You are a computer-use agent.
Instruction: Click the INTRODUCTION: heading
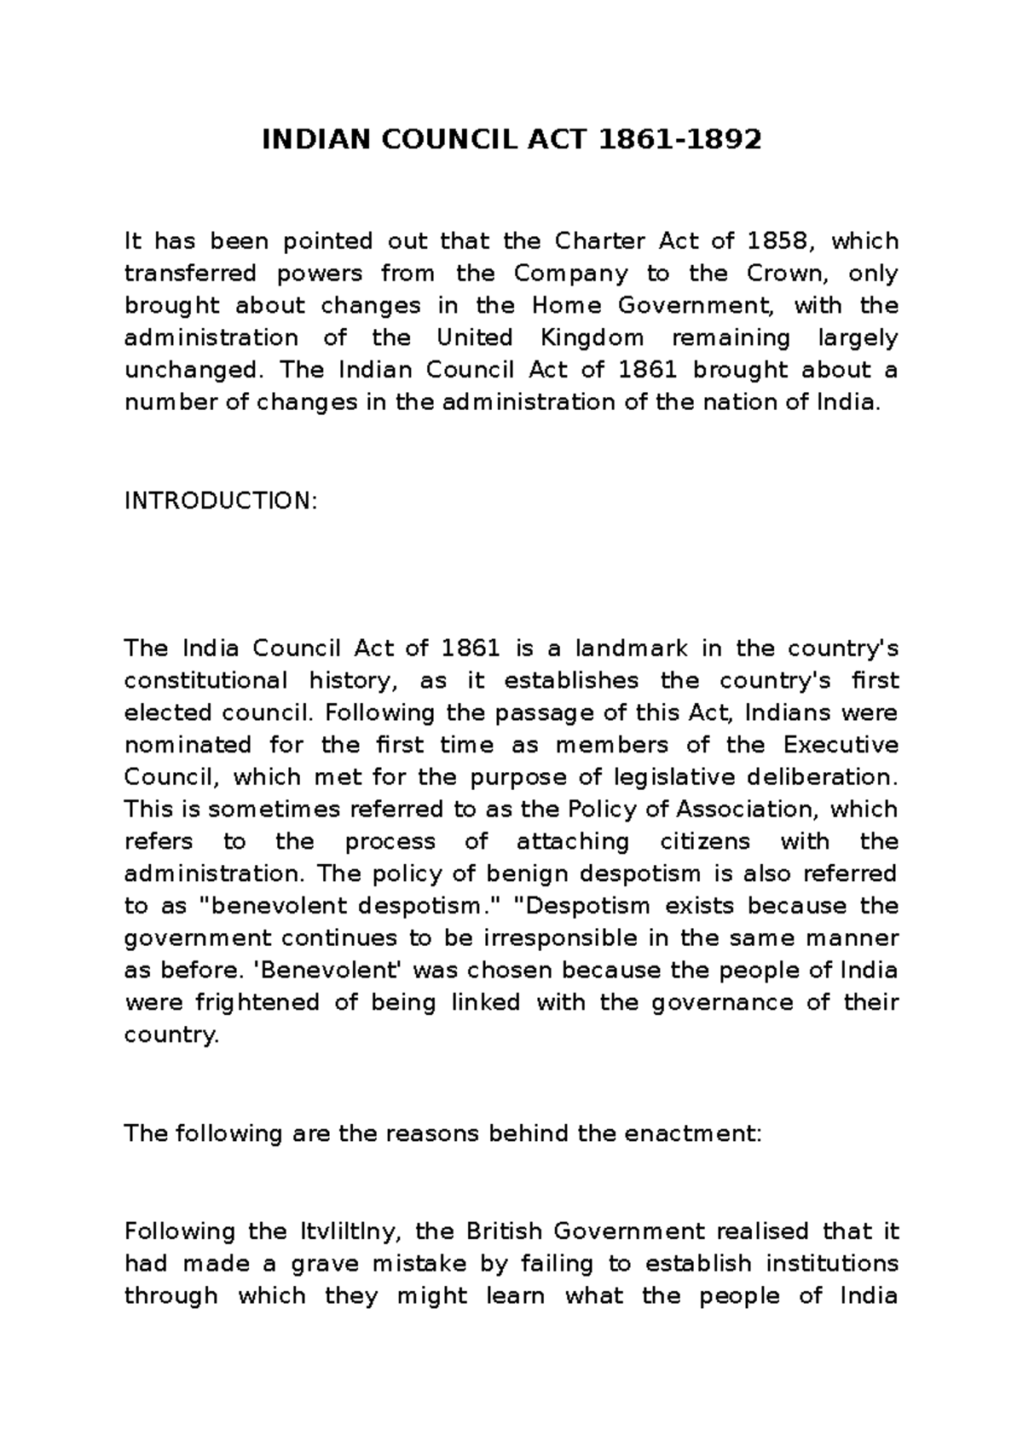click(220, 501)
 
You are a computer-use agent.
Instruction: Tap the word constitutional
click(205, 681)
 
